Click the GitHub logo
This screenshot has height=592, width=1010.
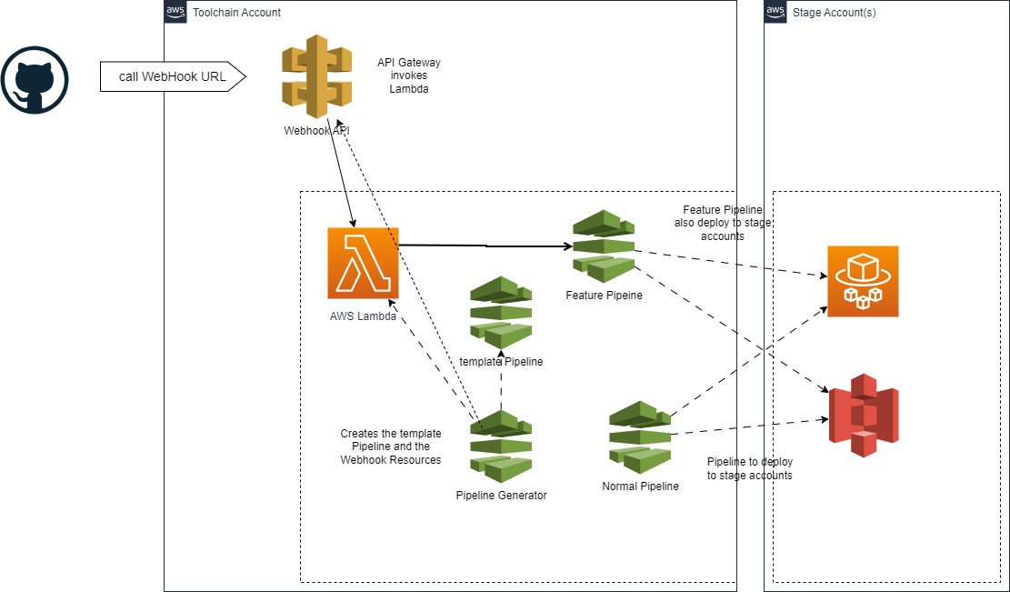point(35,80)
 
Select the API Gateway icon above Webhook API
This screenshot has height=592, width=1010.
point(315,76)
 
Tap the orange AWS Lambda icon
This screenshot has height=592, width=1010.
point(363,263)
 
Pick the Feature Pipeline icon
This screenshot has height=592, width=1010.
point(604,246)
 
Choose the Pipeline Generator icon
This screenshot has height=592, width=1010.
point(501,447)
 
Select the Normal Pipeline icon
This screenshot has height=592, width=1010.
point(640,437)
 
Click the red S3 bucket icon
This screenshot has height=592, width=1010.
point(863,414)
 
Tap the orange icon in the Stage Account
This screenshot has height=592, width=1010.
point(863,281)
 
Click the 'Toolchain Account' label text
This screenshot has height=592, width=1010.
point(237,13)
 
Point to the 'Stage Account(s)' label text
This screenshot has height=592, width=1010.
point(835,13)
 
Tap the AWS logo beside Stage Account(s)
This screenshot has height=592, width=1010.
point(775,12)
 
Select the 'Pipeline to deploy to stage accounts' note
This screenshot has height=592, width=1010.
point(749,468)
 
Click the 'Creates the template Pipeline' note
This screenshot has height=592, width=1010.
point(391,447)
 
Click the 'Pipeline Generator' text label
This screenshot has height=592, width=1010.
point(501,496)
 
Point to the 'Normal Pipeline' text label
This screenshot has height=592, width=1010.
point(640,487)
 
